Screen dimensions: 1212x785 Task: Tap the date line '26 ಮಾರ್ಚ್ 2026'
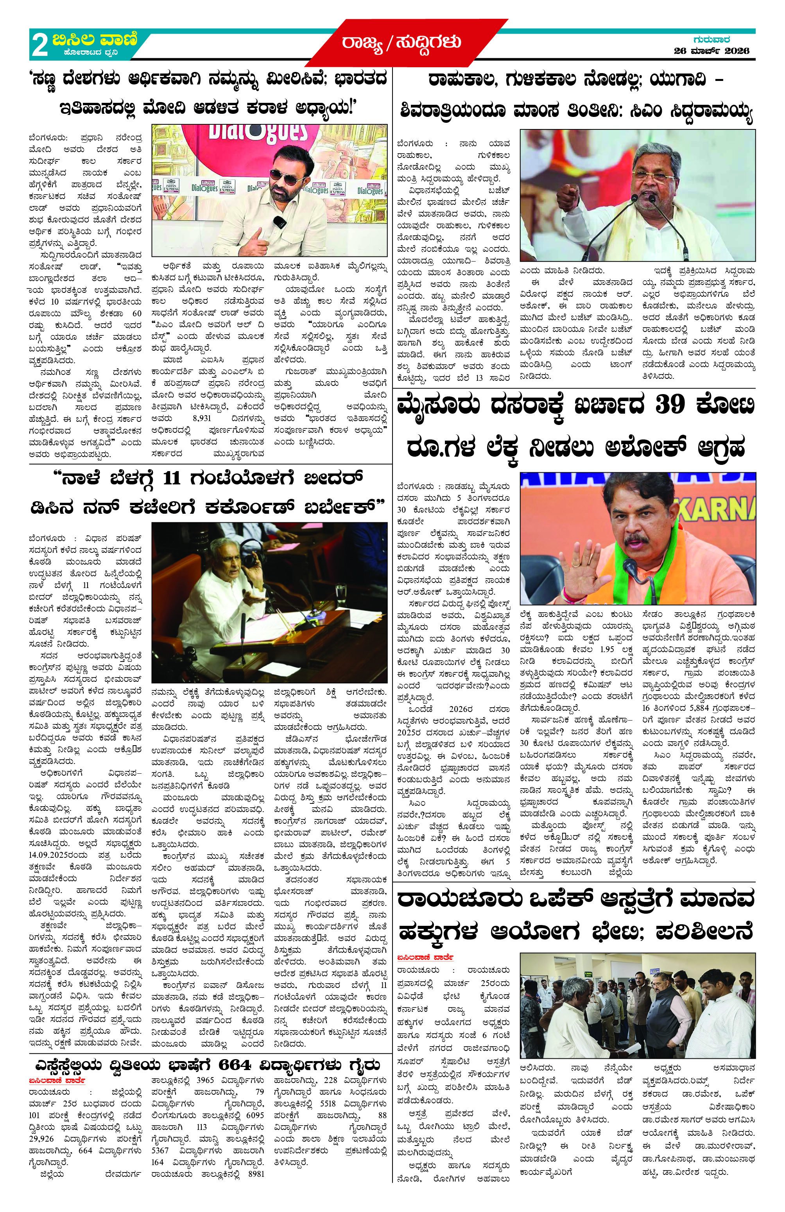[x=711, y=50]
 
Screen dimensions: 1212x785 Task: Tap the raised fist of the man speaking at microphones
[x=569, y=196]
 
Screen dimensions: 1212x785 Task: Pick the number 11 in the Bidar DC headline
[x=172, y=478]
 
